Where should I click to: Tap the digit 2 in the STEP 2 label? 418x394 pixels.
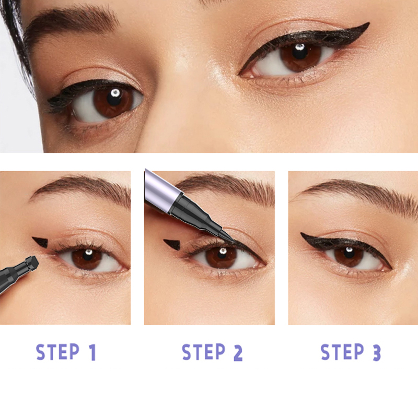click(237, 353)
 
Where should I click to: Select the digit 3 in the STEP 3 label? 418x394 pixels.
click(375, 353)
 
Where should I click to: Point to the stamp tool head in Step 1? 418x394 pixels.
click(31, 261)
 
